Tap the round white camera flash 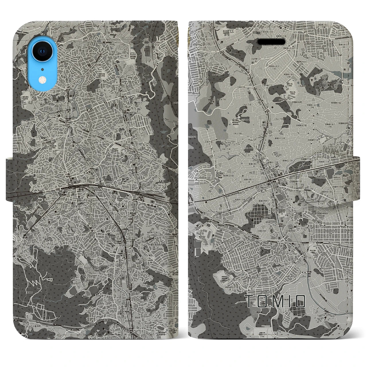42,79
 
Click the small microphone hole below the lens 42,69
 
